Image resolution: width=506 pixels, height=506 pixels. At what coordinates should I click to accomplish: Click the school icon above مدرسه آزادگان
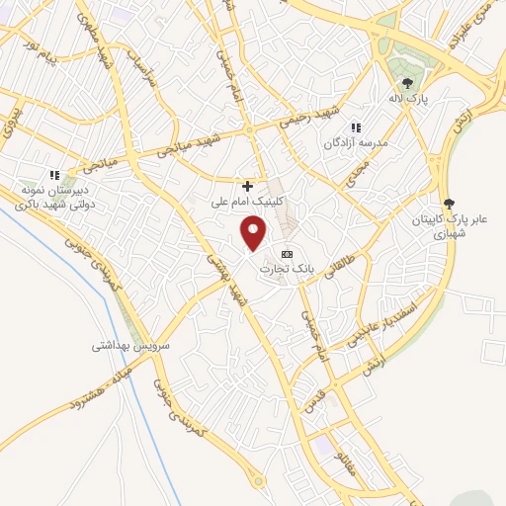[356, 127]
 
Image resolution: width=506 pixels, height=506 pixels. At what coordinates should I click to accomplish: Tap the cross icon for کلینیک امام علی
[247, 185]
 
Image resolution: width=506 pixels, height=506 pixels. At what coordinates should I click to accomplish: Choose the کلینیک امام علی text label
[247, 202]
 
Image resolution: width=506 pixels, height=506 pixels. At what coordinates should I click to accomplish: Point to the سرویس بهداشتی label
[131, 346]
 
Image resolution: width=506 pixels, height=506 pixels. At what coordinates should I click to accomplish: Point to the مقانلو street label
[355, 464]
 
